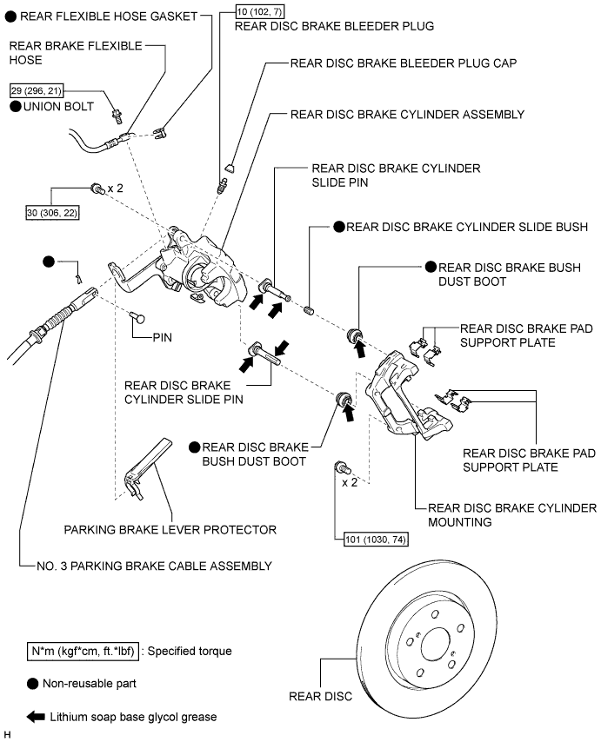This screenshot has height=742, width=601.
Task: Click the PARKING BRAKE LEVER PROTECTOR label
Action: (170, 529)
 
